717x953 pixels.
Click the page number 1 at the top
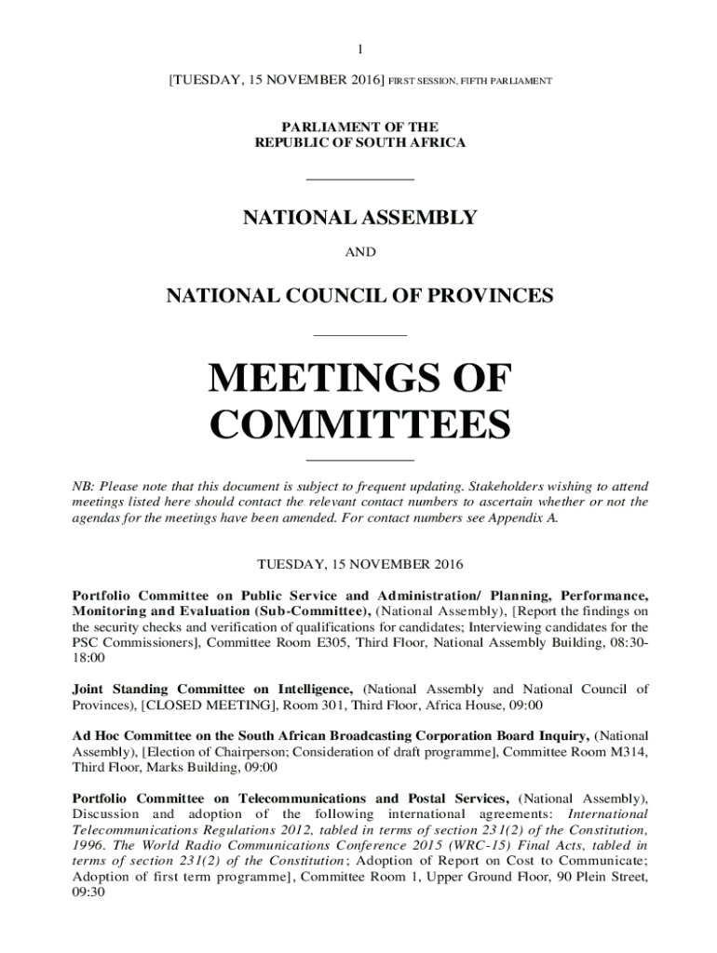tap(359, 49)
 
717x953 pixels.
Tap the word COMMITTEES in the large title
tap(359, 425)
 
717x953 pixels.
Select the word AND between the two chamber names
tap(359, 252)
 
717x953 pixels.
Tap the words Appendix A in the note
tap(528, 518)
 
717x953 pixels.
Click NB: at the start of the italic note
tap(84, 487)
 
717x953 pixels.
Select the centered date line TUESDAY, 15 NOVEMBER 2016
tap(359, 565)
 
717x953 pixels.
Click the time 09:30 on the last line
tap(88, 892)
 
